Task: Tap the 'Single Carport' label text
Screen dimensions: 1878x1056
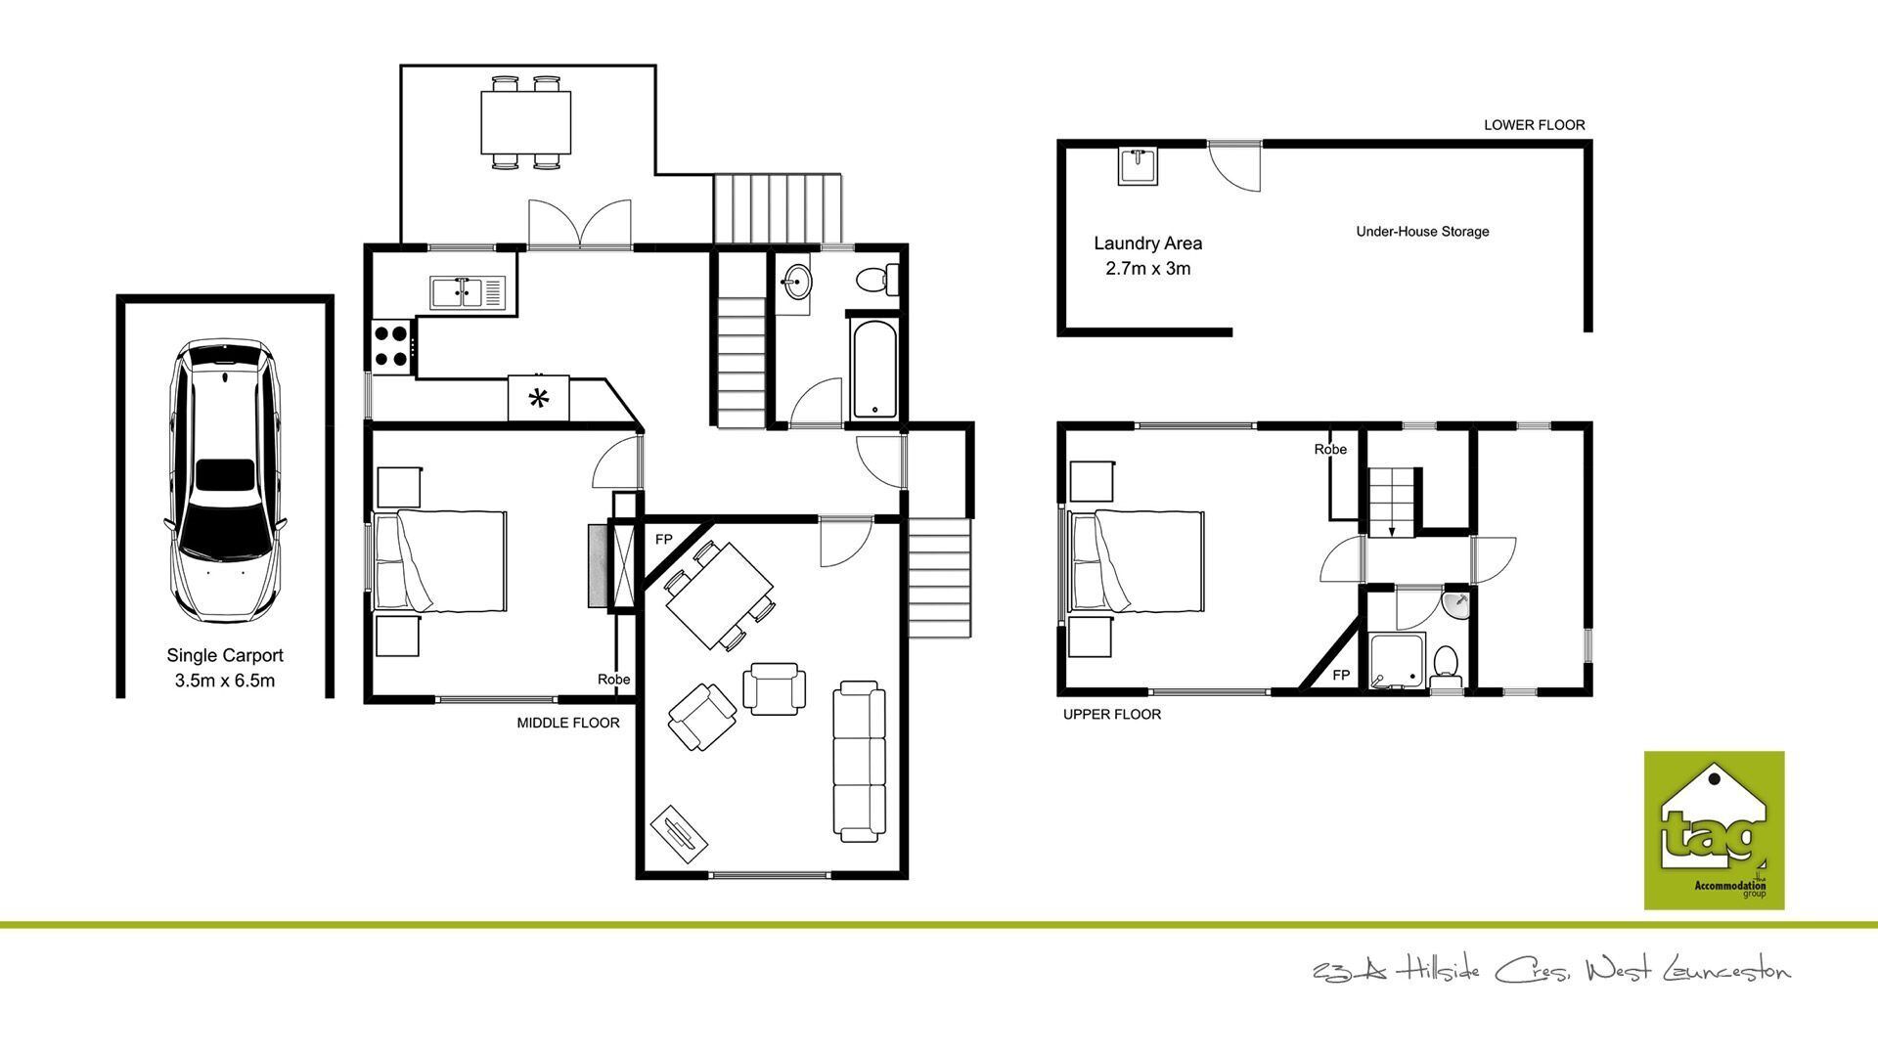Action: click(x=225, y=655)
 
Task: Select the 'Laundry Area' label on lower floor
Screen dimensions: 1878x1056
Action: click(x=1148, y=243)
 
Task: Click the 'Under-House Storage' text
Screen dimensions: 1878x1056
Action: click(x=1422, y=232)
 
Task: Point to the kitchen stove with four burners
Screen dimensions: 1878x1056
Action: click(x=392, y=345)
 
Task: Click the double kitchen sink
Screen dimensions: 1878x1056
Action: click(x=468, y=290)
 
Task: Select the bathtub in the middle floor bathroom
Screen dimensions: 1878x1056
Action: click(x=872, y=369)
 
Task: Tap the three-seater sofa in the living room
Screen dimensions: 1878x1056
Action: click(x=859, y=762)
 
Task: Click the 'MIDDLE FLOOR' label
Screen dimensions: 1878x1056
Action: click(x=568, y=724)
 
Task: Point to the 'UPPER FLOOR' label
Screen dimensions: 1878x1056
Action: click(x=1112, y=715)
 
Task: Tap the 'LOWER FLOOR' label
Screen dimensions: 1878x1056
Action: click(x=1534, y=125)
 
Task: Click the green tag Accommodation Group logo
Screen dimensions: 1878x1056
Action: click(x=1714, y=830)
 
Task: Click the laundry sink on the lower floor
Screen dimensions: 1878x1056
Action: click(x=1139, y=166)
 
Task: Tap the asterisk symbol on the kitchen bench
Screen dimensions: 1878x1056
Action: click(x=538, y=398)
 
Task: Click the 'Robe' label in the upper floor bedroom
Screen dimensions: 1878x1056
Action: click(x=1330, y=450)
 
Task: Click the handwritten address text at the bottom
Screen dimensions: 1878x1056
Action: click(x=1552, y=971)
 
